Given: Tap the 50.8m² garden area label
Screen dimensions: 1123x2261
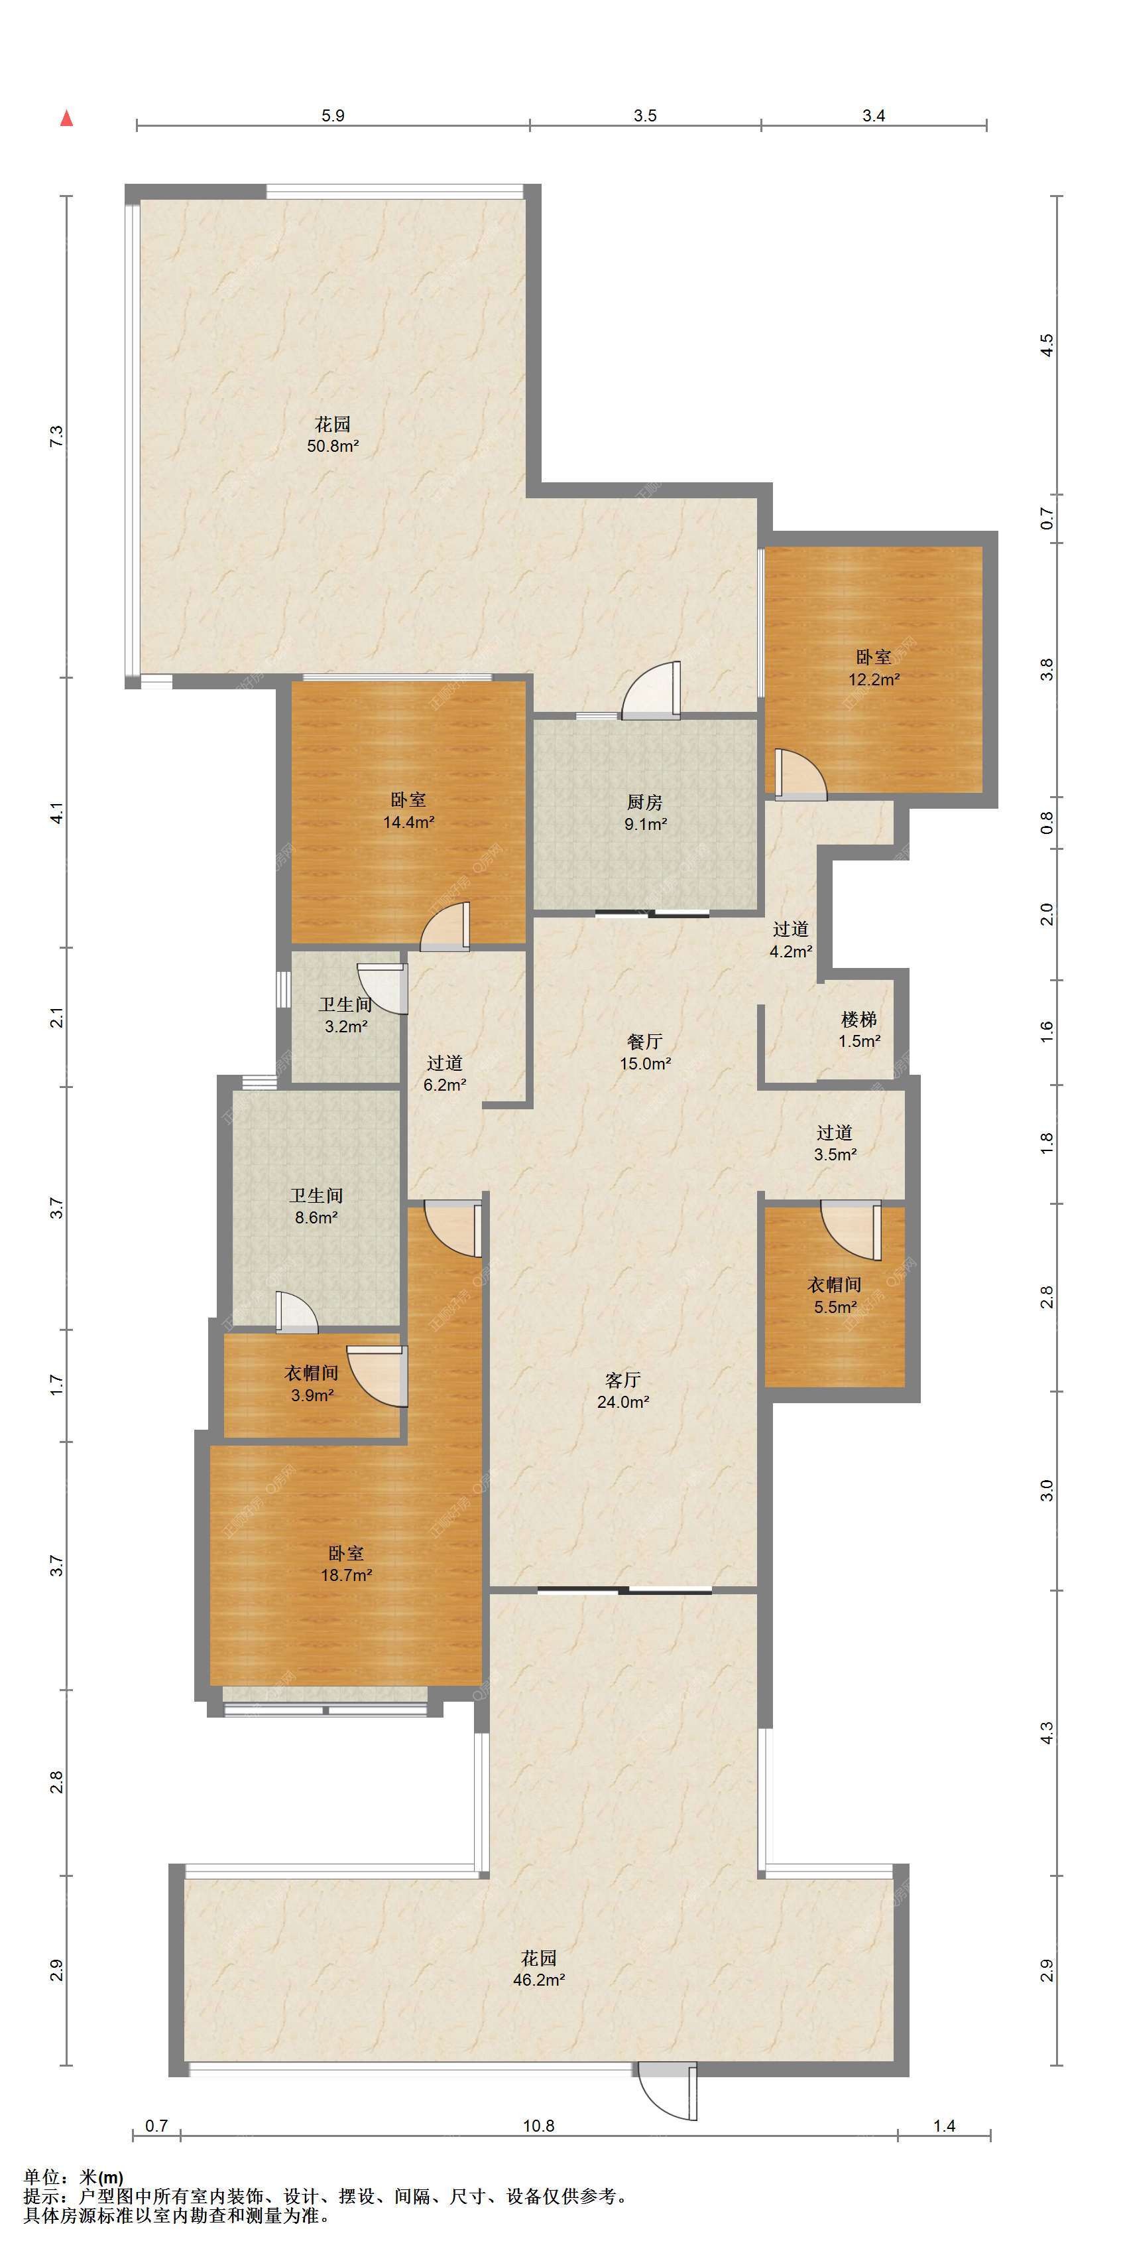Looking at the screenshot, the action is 333,435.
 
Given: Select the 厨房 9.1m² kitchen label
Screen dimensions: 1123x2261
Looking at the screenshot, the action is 645,813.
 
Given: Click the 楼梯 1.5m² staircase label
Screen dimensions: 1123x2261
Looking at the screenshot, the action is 859,1030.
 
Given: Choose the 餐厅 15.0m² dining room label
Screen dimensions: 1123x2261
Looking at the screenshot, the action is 645,1052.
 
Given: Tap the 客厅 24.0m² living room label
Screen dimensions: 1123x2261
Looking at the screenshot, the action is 623,1391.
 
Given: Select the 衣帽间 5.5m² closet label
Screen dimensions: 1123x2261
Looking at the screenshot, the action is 835,1296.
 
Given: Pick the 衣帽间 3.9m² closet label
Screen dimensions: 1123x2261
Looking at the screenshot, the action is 312,1383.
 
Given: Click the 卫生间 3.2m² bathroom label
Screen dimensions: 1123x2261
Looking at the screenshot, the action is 345,1014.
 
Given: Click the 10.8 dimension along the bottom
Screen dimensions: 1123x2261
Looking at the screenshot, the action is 539,2126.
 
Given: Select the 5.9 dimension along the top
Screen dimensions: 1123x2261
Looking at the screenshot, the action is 333,116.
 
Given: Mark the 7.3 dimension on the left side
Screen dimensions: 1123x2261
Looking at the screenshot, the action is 57,437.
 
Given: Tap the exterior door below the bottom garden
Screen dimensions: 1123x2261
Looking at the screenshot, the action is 668,2092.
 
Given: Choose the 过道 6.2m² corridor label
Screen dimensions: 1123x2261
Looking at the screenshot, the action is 444,1073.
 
